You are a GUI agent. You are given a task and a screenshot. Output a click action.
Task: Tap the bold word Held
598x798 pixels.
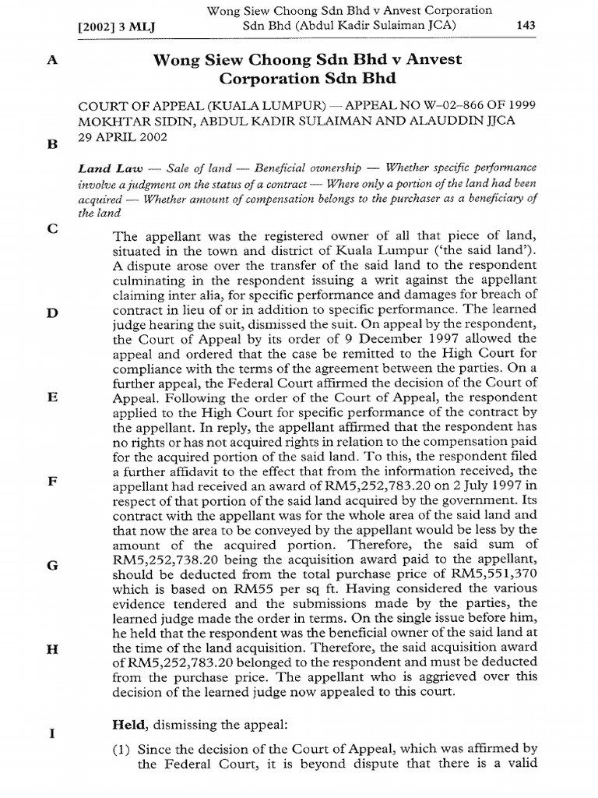click(129, 726)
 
